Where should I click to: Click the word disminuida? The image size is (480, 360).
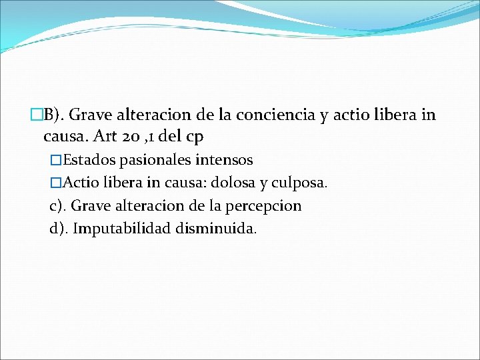(x=215, y=229)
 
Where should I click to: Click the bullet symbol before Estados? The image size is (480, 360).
(x=55, y=160)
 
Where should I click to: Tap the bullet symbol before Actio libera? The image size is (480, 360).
(x=55, y=183)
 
